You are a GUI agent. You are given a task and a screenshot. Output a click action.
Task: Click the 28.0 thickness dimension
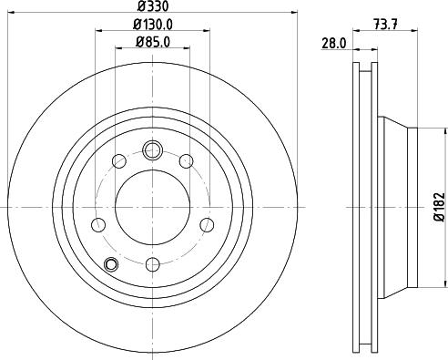[333, 42]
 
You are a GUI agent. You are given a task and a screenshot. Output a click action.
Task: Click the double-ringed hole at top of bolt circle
[152, 149]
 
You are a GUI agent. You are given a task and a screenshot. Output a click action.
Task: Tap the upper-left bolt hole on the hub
[118, 162]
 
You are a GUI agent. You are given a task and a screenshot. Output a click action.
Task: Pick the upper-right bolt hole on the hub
[186, 162]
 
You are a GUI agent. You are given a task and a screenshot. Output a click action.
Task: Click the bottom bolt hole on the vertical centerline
[152, 263]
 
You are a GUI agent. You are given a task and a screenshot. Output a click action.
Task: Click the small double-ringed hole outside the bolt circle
[111, 264]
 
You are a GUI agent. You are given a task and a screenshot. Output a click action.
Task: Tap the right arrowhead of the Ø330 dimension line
[295, 12]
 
